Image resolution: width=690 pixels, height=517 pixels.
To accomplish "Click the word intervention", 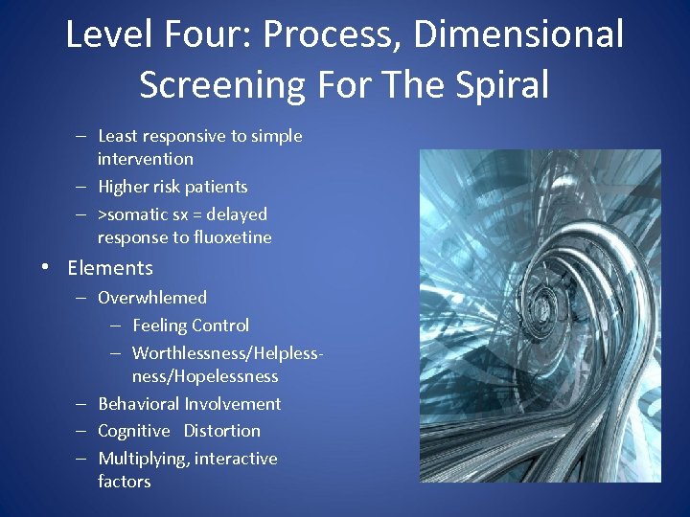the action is point(146,159).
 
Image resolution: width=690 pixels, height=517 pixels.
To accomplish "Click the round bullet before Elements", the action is point(46,269).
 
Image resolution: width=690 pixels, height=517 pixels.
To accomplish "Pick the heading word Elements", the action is point(110,268).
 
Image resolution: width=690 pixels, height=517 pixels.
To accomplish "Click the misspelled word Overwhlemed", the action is point(152,298).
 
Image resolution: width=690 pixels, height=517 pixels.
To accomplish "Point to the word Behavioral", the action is point(139,404).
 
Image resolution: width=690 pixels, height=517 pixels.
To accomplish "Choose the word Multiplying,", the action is point(144,459).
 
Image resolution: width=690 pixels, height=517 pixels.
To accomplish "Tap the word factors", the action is point(124,482).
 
